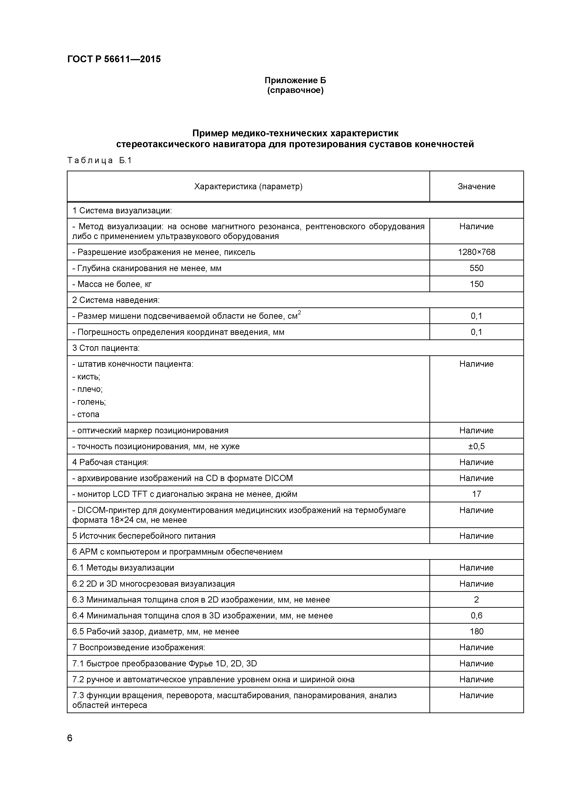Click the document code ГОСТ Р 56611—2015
pyautogui.click(x=114, y=59)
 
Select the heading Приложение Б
pyautogui.click(x=295, y=80)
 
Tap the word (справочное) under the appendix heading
pyautogui.click(x=295, y=91)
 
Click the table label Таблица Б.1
pyautogui.click(x=99, y=160)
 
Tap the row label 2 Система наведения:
pyautogui.click(x=116, y=300)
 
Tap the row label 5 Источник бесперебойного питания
pyautogui.click(x=144, y=536)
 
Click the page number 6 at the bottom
pyautogui.click(x=70, y=738)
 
